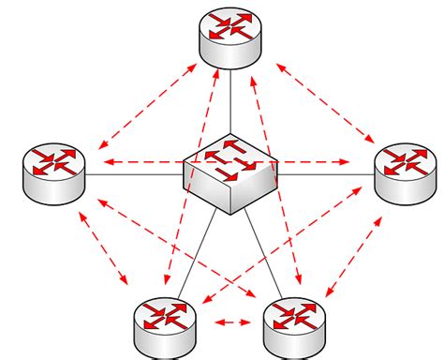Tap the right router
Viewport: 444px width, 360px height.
(x=405, y=172)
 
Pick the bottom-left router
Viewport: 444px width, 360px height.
(x=164, y=323)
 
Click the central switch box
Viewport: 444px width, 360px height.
(x=229, y=173)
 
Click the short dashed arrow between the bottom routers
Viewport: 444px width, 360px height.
(x=230, y=323)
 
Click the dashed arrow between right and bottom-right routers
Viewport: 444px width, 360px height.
(x=360, y=249)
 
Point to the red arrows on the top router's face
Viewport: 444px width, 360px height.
(x=229, y=26)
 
